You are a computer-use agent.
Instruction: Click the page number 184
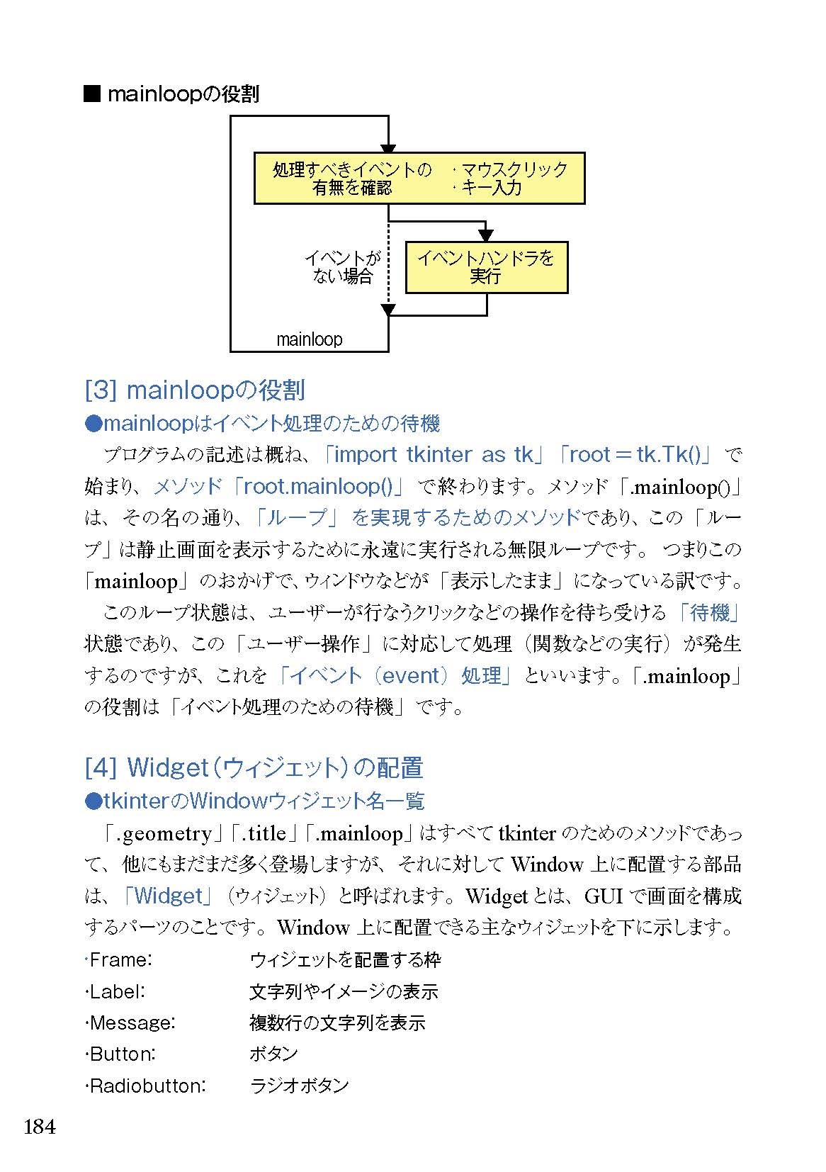tap(40, 1126)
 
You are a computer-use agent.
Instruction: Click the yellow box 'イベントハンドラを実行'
tap(486, 267)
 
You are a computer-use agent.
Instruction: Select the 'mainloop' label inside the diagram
tap(309, 339)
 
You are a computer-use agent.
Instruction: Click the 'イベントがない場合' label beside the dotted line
tap(343, 267)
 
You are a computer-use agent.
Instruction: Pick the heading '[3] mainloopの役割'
tap(195, 390)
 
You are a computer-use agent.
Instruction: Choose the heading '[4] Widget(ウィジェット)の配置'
tap(254, 767)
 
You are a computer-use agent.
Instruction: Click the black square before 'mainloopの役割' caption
tap(92, 94)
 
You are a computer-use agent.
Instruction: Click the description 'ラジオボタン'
tap(300, 1086)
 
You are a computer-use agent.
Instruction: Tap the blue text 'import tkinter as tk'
tap(433, 454)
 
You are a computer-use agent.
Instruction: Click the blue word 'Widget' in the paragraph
tap(169, 896)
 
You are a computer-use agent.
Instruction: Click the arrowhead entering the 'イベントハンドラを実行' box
tap(486, 236)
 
